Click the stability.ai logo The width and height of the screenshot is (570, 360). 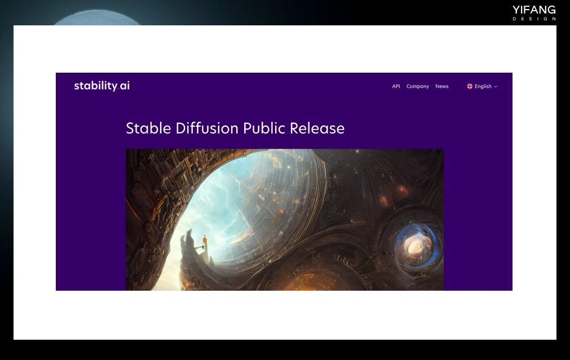click(x=102, y=86)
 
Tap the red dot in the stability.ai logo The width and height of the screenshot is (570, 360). click(x=118, y=89)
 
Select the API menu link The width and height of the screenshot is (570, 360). click(x=396, y=86)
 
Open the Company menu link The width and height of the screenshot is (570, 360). click(x=418, y=86)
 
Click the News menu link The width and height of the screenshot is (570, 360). click(x=442, y=86)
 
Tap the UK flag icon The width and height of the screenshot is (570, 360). click(x=470, y=86)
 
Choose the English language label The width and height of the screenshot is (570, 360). click(x=483, y=86)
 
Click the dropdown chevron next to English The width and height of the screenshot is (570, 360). click(x=496, y=86)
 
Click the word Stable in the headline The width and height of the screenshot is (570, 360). click(x=148, y=128)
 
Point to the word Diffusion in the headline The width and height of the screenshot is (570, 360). click(x=207, y=128)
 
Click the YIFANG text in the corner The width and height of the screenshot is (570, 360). click(x=534, y=10)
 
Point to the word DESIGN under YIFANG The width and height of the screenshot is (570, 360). click(x=534, y=19)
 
